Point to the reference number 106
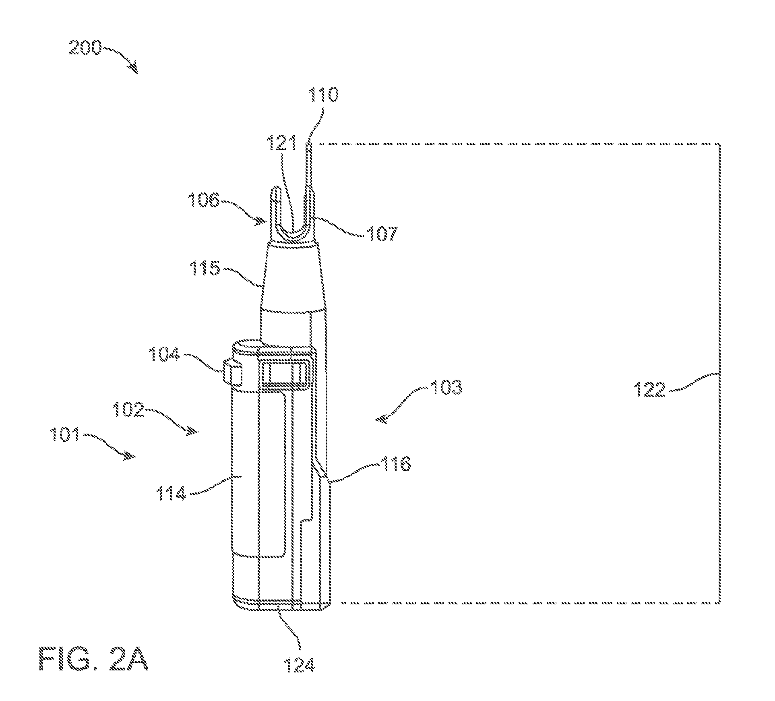tap(203, 200)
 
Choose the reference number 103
tap(446, 388)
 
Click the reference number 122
tap(649, 389)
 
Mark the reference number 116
tap(395, 464)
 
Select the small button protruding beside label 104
tap(233, 372)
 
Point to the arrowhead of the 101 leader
tap(131, 457)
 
